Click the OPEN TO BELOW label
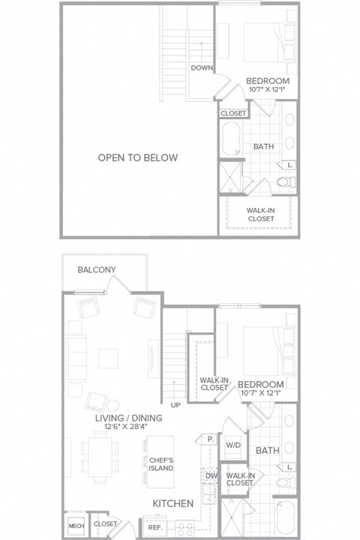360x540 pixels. point(138,157)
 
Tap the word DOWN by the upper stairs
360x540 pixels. point(201,67)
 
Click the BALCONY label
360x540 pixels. point(96,269)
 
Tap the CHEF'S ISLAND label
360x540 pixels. point(161,463)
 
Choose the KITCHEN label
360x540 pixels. point(174,503)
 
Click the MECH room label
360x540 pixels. point(75,524)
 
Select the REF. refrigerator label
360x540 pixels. point(155,528)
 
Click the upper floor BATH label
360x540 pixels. point(262,146)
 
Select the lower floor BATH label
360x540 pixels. point(267,451)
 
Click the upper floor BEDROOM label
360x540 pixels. point(268,81)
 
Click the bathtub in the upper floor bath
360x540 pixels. point(230,140)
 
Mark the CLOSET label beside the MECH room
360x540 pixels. point(106,524)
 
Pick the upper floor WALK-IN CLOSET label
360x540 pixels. point(260,214)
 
